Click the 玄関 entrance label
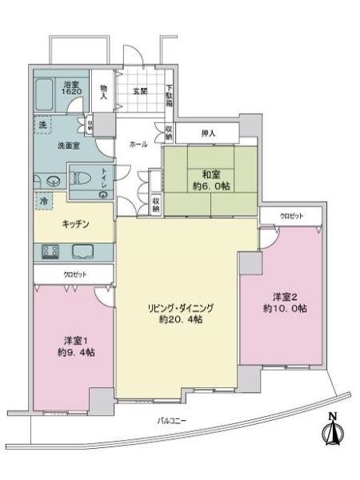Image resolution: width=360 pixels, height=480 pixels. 141,90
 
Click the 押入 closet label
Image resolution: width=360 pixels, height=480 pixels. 207,134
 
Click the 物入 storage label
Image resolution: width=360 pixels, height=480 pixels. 102,90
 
